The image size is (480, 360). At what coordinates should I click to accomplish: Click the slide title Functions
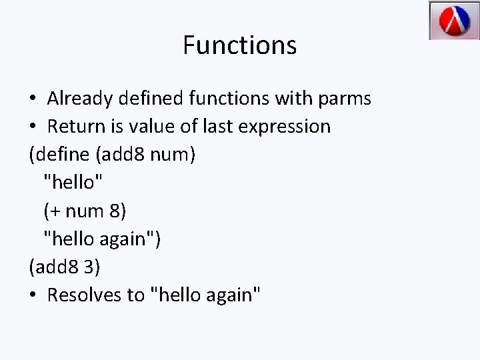pos(239,45)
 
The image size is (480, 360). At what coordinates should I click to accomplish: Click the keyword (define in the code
pos(60,155)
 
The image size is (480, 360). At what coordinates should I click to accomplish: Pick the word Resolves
pos(85,295)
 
